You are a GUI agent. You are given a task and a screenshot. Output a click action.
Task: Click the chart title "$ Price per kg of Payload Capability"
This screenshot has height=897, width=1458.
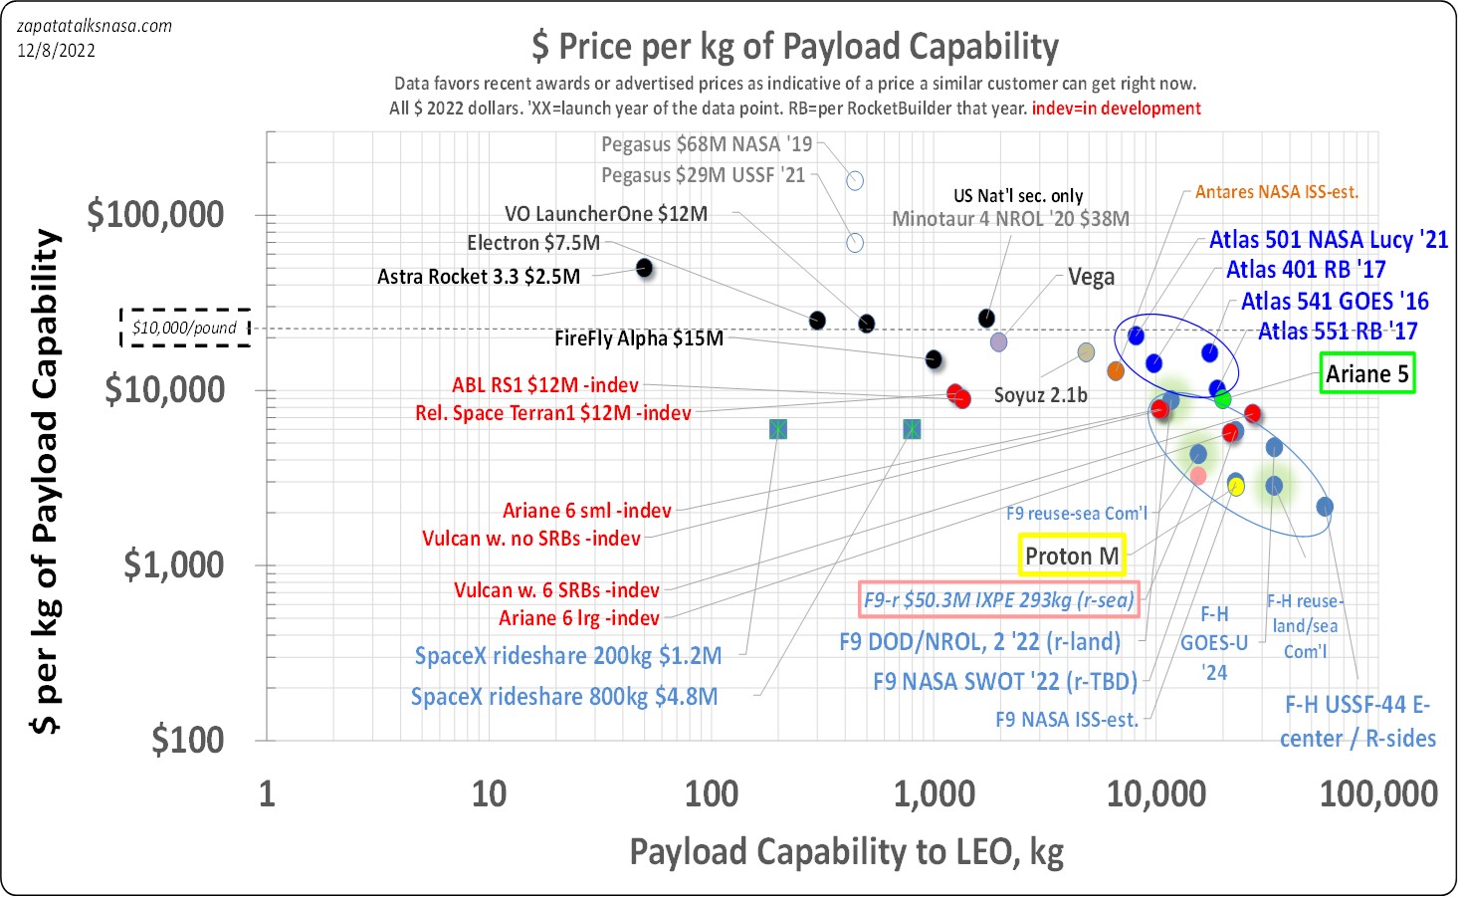[x=794, y=47]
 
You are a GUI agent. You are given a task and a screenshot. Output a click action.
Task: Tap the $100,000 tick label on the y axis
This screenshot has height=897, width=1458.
[x=155, y=214]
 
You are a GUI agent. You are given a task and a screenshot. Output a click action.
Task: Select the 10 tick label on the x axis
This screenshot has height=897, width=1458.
[x=489, y=793]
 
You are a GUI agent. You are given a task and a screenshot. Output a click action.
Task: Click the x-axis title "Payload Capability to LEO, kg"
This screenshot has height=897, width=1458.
[x=846, y=852]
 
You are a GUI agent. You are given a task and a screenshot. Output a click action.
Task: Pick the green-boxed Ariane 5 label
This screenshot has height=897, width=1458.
[x=1366, y=374]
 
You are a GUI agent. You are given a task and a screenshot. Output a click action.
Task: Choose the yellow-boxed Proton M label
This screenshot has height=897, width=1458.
[x=1072, y=556]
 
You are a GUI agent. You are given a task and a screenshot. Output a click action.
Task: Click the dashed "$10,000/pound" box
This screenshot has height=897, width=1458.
[x=185, y=328]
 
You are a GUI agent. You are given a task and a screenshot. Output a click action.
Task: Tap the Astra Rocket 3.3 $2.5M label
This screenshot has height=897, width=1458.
[x=478, y=277]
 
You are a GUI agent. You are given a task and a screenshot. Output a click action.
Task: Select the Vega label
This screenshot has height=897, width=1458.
[x=1091, y=277]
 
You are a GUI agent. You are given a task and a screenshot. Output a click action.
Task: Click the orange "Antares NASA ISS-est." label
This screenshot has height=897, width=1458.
[x=1276, y=192]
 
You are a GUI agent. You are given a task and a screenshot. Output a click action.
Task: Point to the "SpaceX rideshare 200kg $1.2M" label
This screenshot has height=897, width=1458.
[x=567, y=656]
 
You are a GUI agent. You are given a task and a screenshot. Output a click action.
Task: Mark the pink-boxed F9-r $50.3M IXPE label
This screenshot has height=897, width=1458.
[x=998, y=599]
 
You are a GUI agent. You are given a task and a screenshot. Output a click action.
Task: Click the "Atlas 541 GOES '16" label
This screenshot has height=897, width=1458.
[x=1335, y=301]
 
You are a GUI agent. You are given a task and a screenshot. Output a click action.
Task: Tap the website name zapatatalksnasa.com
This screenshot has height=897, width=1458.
[x=95, y=26]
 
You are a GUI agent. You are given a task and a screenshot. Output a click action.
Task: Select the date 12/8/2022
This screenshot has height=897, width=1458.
[x=56, y=50]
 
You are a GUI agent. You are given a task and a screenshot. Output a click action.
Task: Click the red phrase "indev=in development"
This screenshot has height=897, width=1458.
[x=1116, y=109]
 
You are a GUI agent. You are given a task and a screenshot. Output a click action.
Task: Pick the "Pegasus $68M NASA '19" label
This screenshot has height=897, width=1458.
[x=707, y=144]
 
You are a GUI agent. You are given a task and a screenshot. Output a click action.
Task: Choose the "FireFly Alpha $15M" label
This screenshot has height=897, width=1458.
[x=638, y=338]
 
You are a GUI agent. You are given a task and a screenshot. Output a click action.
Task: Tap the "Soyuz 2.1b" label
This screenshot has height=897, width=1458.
[x=1040, y=395]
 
